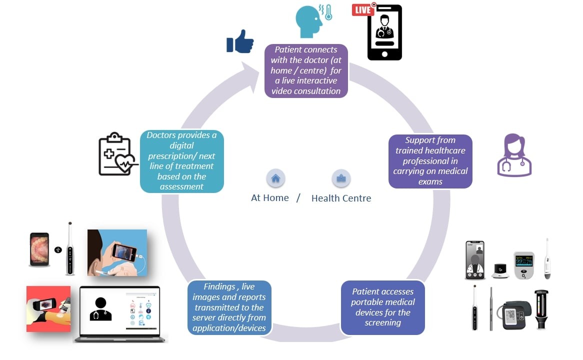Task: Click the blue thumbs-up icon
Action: pos(240,41)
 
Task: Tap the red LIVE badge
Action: pos(363,9)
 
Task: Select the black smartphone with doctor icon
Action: pos(384,33)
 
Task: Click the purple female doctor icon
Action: pos(514,155)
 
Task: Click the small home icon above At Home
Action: pos(275,178)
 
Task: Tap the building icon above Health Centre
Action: pos(341,178)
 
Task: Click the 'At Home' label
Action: pos(270,198)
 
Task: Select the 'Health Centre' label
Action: pos(341,198)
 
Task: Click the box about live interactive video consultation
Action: pos(306,70)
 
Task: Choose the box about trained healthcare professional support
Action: pos(430,161)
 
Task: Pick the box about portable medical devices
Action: pos(382,307)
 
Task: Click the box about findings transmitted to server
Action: pos(230,307)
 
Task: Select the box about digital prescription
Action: pos(182,161)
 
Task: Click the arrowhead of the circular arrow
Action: pos(247,75)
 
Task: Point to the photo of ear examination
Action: pos(117,252)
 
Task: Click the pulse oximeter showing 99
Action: pos(524,264)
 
